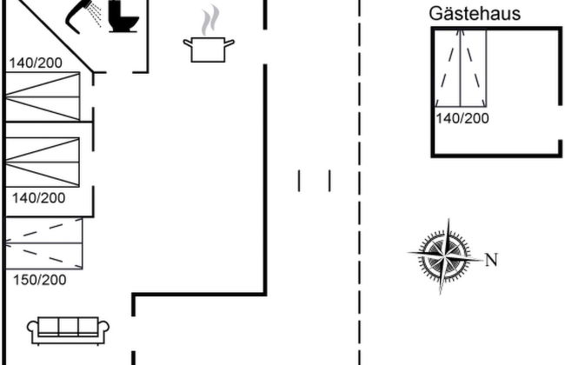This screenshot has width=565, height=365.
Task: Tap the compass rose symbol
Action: click(x=447, y=255)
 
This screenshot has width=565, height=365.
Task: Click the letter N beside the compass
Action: click(x=491, y=259)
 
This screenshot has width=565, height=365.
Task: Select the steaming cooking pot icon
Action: click(x=209, y=49)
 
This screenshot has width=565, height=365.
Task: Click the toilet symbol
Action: click(x=124, y=17)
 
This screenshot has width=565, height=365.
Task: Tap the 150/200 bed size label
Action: click(x=39, y=280)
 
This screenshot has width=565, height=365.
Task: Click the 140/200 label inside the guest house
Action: click(x=462, y=118)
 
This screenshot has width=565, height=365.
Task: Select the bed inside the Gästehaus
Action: click(x=461, y=68)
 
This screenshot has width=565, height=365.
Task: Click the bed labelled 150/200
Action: click(x=43, y=243)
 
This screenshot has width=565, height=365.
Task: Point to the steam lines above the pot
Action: click(x=209, y=21)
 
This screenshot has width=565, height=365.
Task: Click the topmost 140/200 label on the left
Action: click(x=36, y=63)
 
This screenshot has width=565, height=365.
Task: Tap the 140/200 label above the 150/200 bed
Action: click(x=39, y=198)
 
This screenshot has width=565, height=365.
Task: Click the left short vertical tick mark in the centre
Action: click(x=299, y=181)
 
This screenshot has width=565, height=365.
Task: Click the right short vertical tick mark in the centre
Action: click(x=329, y=181)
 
